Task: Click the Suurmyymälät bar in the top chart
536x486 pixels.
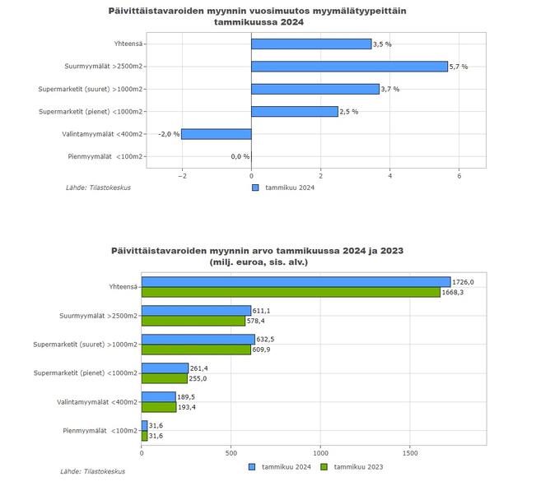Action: [349, 67]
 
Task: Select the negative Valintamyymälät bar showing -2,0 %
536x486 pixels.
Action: [216, 134]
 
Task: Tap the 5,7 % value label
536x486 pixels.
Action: [459, 67]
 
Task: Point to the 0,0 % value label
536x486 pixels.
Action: [240, 156]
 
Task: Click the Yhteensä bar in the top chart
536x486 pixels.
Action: [311, 44]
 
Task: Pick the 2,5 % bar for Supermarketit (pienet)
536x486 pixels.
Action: [294, 112]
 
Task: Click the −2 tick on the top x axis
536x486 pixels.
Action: [182, 175]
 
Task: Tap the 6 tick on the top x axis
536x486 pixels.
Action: [459, 175]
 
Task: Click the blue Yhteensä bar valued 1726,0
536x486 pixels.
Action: [296, 282]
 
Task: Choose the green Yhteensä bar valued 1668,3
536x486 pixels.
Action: [291, 292]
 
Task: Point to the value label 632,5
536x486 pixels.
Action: [267, 340]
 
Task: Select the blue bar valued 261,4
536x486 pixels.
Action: [165, 368]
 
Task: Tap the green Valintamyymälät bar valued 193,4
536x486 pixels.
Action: [158, 407]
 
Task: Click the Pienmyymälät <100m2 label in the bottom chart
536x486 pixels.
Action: [100, 431]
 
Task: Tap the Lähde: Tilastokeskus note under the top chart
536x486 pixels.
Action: [98, 187]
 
